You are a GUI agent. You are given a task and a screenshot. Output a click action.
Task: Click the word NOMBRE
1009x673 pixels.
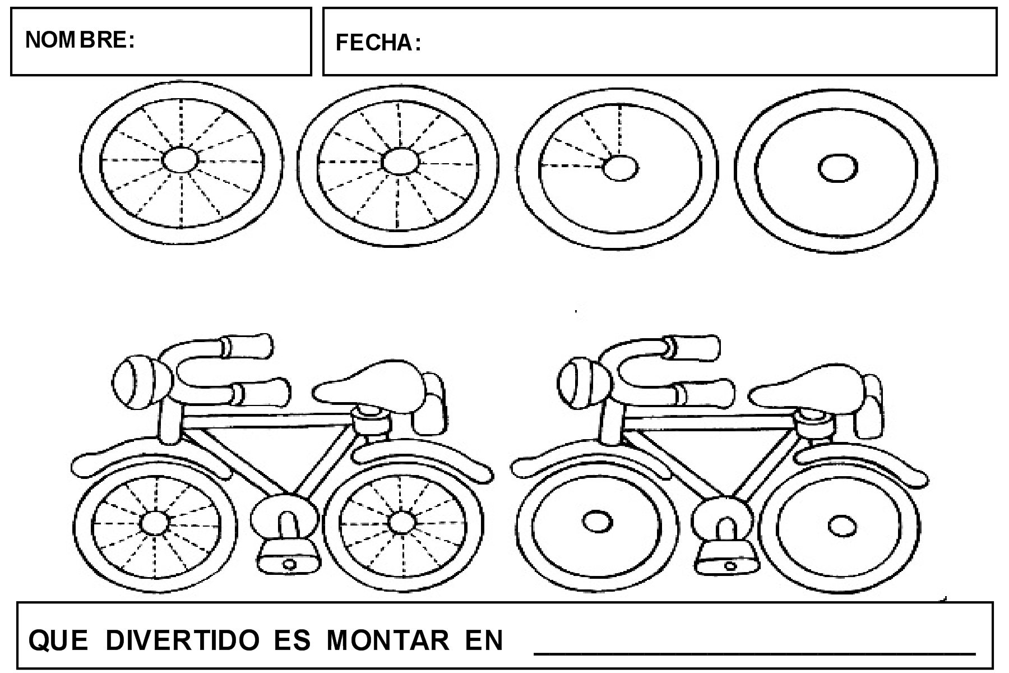(x=79, y=40)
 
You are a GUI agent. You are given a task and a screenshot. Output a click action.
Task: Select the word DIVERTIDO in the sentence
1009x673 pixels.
(x=182, y=640)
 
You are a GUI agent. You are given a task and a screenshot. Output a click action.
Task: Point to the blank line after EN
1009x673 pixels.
(x=754, y=651)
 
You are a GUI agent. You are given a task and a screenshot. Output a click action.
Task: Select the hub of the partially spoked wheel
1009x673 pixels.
(x=621, y=168)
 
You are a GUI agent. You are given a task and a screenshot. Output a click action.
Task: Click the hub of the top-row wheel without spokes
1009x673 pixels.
(x=838, y=168)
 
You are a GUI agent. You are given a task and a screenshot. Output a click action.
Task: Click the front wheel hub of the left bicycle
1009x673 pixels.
(x=154, y=523)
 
